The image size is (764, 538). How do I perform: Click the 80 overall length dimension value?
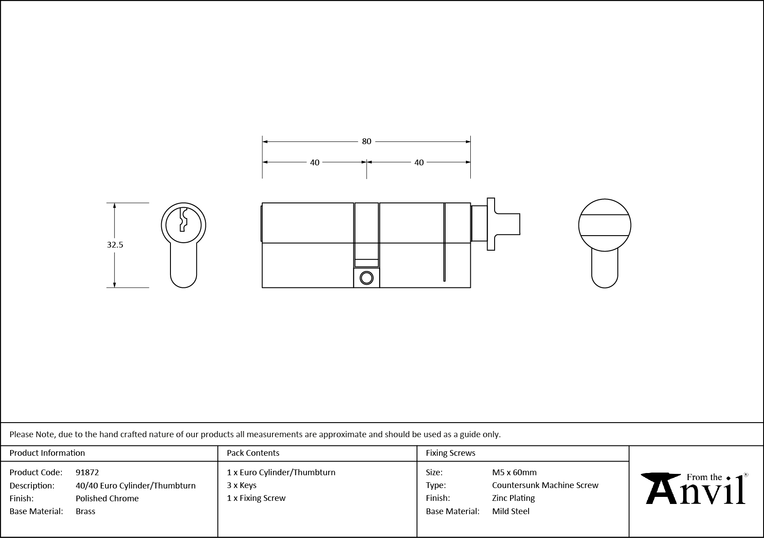(367, 141)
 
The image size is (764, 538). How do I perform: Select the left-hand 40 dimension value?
(314, 163)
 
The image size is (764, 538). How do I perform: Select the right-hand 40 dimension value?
(419, 163)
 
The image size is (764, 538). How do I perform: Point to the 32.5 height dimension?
(115, 244)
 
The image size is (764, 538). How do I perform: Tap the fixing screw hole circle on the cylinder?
(367, 278)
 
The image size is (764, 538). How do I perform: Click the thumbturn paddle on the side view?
(491, 224)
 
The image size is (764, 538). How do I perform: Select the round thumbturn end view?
(605, 225)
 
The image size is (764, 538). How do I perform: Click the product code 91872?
(87, 472)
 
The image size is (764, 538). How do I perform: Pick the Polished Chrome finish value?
(107, 498)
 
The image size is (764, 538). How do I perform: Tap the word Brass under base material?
(85, 511)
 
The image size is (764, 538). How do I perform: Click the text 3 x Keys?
(242, 485)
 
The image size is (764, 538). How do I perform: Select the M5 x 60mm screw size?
(514, 472)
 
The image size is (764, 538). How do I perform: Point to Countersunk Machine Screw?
(545, 485)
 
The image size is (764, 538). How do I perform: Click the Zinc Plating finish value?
(513, 498)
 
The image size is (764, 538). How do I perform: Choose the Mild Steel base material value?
(511, 511)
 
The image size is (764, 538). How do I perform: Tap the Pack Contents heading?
(253, 453)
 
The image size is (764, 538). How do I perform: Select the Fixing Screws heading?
(450, 453)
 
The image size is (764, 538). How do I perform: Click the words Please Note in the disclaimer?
(32, 434)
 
